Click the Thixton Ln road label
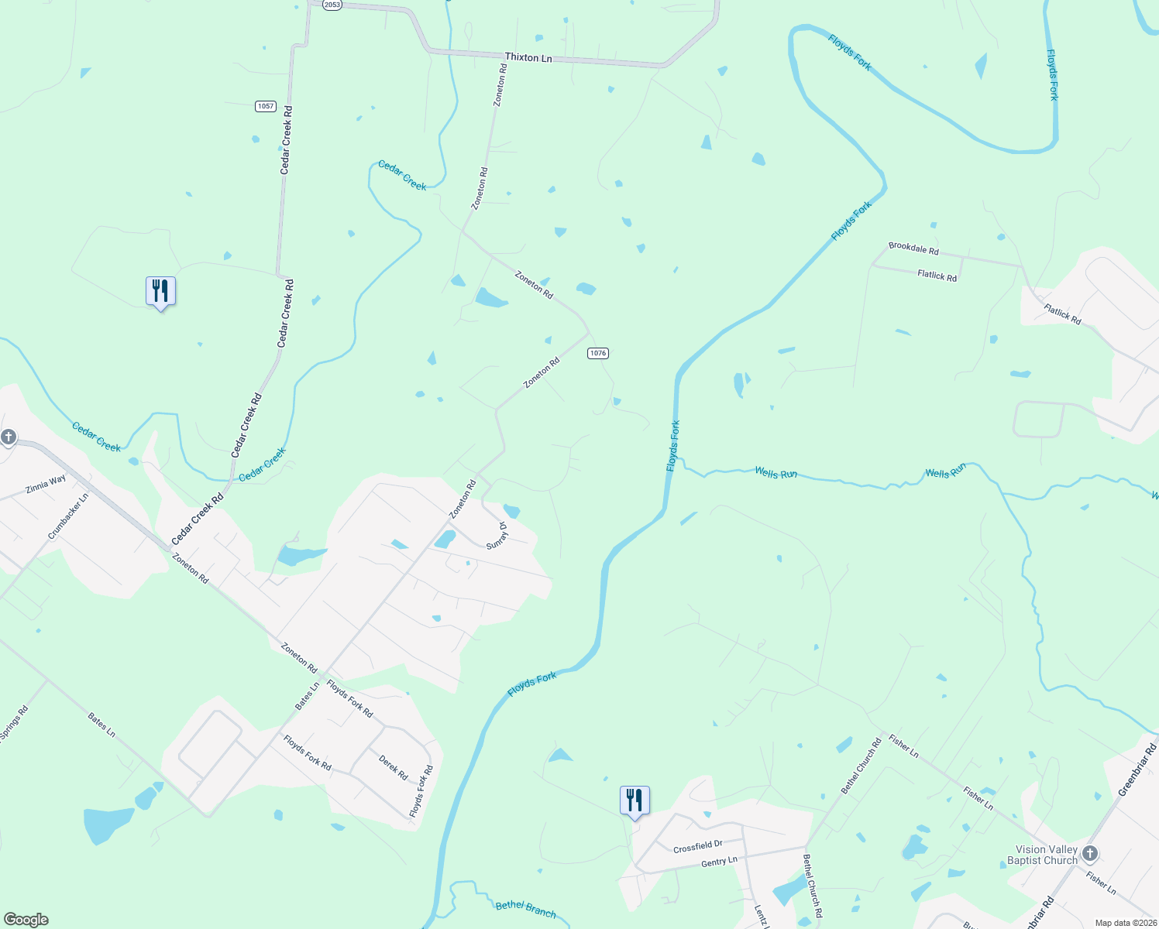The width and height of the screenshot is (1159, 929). pyautogui.click(x=528, y=58)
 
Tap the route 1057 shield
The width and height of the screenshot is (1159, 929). pyautogui.click(x=266, y=106)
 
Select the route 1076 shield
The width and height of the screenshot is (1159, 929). pyautogui.click(x=598, y=353)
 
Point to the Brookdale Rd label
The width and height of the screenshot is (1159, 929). pyautogui.click(x=913, y=249)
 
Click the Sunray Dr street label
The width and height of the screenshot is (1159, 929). pyautogui.click(x=497, y=536)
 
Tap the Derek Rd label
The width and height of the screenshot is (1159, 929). pyautogui.click(x=393, y=767)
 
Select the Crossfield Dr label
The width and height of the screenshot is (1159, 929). pyautogui.click(x=697, y=847)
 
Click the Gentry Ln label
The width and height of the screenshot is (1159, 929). pyautogui.click(x=719, y=862)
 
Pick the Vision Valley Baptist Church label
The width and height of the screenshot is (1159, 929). pyautogui.click(x=1042, y=855)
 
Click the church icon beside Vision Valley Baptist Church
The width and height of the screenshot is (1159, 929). pyautogui.click(x=1090, y=854)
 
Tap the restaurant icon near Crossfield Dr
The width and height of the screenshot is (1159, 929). pyautogui.click(x=635, y=800)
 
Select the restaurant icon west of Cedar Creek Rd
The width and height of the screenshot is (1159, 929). pyautogui.click(x=160, y=291)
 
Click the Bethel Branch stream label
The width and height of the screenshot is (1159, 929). pyautogui.click(x=525, y=909)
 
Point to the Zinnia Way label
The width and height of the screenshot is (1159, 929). pyautogui.click(x=46, y=485)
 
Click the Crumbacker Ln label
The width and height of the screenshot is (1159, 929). pyautogui.click(x=68, y=516)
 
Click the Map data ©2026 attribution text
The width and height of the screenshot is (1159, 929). pyautogui.click(x=1124, y=923)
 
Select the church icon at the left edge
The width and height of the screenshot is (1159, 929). pyautogui.click(x=8, y=437)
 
